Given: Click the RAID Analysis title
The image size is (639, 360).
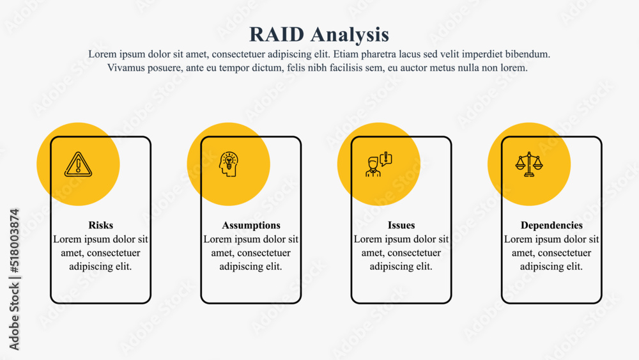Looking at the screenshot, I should coord(319,33).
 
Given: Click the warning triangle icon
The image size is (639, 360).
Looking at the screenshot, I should coord(78,164).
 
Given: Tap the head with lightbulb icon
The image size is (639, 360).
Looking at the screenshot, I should coord(229,164).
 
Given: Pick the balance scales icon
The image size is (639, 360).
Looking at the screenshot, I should coord(528,164).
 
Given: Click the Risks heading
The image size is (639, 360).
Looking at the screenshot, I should coord(101,225).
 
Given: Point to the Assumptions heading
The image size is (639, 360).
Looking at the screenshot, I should coord(251,225).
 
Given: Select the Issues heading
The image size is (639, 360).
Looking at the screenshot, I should coord(401,225).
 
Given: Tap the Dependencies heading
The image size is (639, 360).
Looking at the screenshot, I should coord(551,225).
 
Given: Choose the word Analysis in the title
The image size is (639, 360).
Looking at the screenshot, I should coord(350,33).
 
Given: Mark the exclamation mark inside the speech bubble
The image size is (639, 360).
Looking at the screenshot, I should coord(387,157).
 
